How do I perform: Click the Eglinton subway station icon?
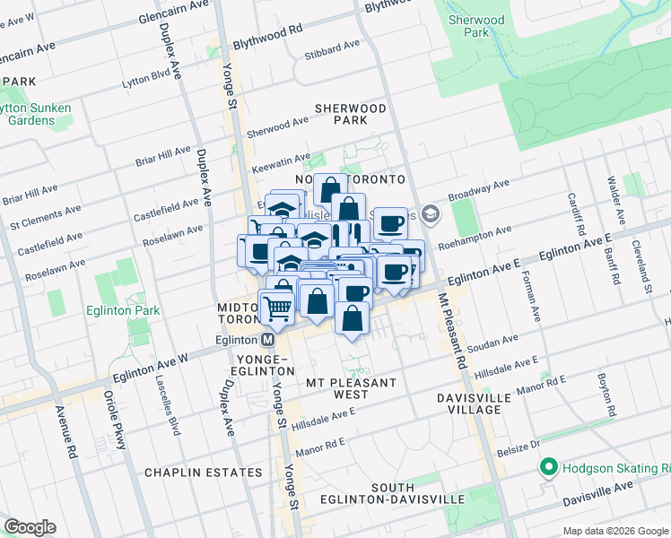pos(267,340)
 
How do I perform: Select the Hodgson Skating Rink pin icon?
pos(546,468)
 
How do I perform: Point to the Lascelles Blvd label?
pos(172,410)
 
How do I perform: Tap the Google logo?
pos(30,526)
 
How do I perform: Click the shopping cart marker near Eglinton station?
pos(278,308)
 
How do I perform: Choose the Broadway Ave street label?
pos(478,191)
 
